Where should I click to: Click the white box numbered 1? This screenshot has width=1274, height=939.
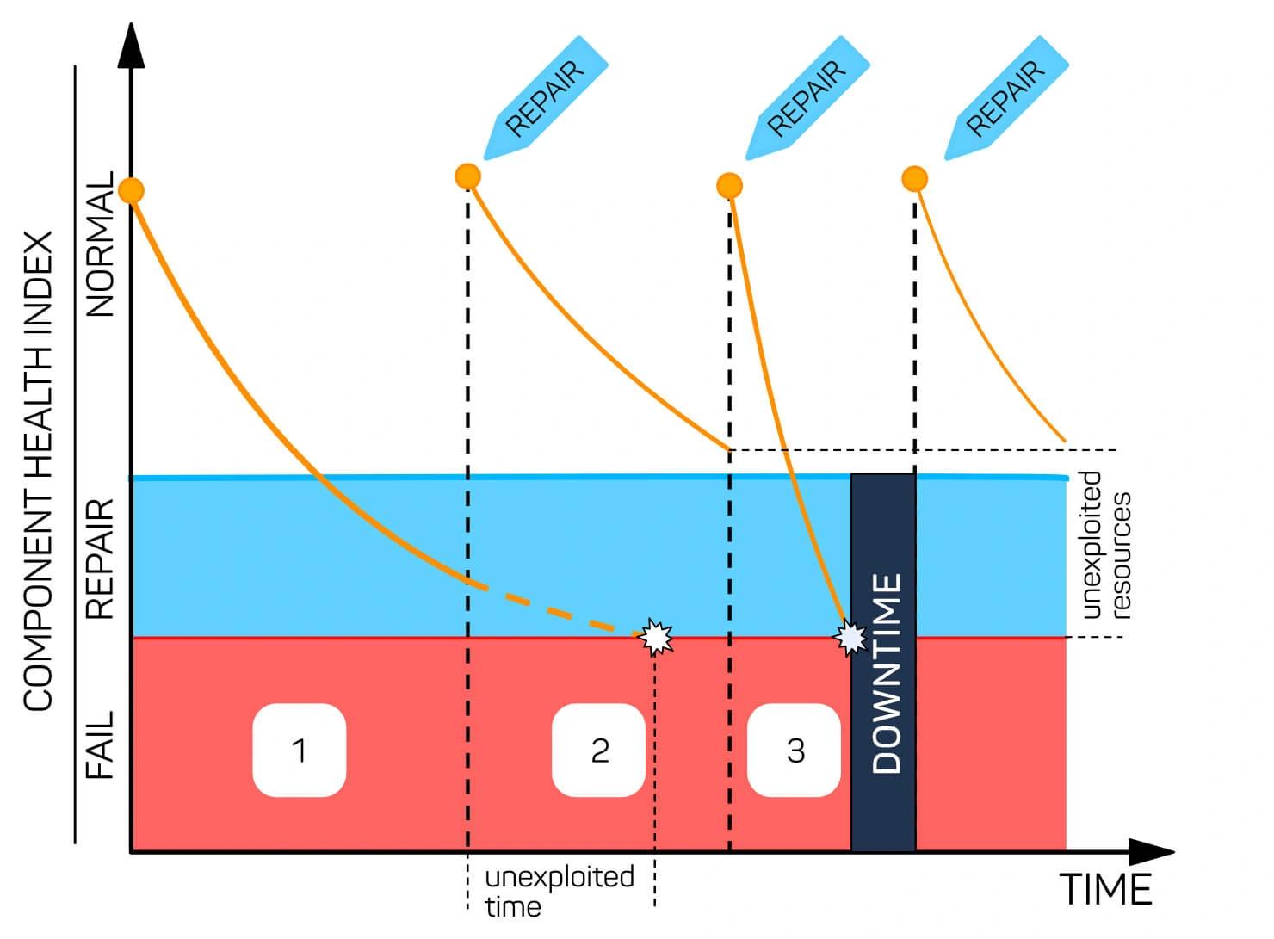click(300, 750)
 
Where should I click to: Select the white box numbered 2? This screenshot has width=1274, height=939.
click(598, 750)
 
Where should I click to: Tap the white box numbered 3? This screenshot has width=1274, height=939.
click(794, 750)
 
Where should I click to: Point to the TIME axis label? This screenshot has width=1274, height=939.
click(1105, 890)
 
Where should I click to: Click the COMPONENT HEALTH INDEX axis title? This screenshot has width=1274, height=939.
click(38, 471)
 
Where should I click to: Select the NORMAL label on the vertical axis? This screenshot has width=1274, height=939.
click(100, 244)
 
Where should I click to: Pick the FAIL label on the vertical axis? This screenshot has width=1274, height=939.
click(100, 745)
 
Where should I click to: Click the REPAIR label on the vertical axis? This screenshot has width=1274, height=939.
click(100, 559)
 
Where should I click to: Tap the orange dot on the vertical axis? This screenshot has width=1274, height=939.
click(132, 190)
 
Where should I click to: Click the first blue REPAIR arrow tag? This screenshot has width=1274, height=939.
click(546, 98)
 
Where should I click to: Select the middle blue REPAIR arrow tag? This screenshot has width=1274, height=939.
click(807, 98)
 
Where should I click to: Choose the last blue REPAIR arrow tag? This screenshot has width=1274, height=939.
click(1006, 98)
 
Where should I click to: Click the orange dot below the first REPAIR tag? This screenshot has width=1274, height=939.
click(468, 176)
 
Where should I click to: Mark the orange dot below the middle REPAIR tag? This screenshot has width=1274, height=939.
click(730, 185)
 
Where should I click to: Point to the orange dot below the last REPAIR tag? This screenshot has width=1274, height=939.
click(915, 179)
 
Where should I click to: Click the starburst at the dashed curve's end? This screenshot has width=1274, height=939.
click(655, 637)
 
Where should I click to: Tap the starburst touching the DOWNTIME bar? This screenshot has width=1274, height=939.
click(850, 638)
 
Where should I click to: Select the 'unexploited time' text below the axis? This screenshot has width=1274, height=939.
click(559, 892)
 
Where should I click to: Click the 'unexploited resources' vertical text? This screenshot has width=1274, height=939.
click(1106, 545)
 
